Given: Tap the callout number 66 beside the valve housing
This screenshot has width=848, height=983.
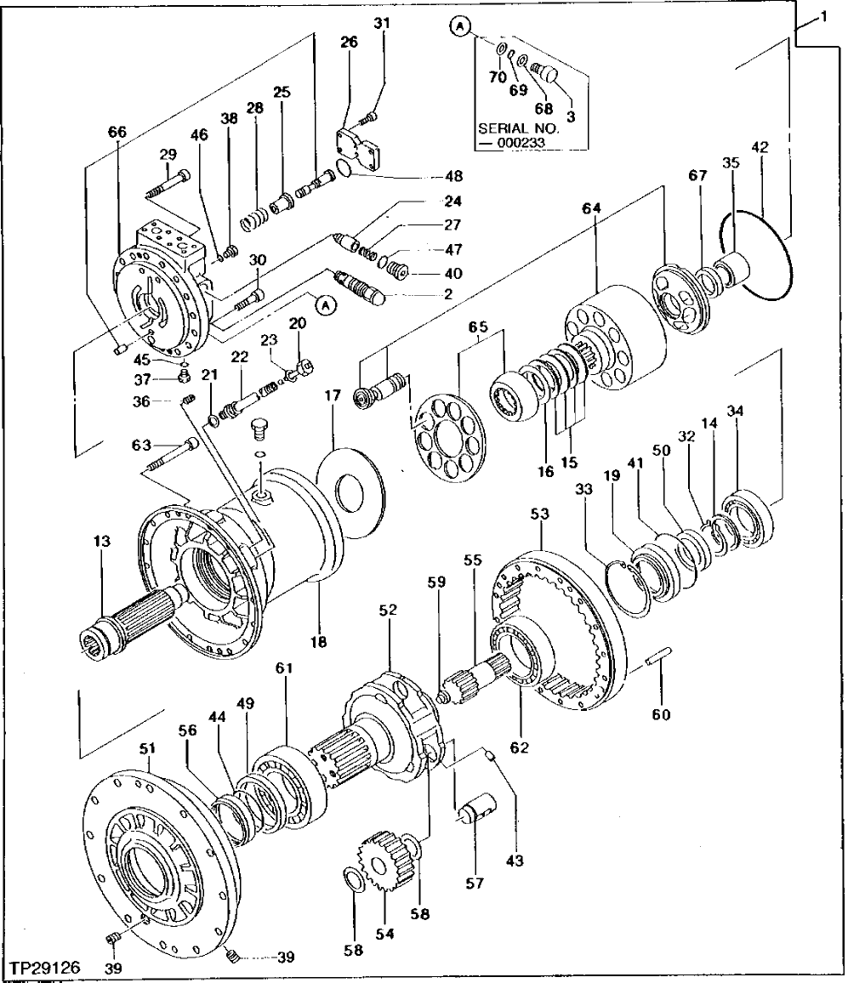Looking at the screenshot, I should [x=117, y=132].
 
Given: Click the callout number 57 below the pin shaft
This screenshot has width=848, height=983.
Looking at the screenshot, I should [x=473, y=884].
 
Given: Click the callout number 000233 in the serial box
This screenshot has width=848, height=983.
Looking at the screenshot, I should [x=520, y=144].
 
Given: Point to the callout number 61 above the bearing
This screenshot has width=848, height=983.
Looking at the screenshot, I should [x=283, y=670].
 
